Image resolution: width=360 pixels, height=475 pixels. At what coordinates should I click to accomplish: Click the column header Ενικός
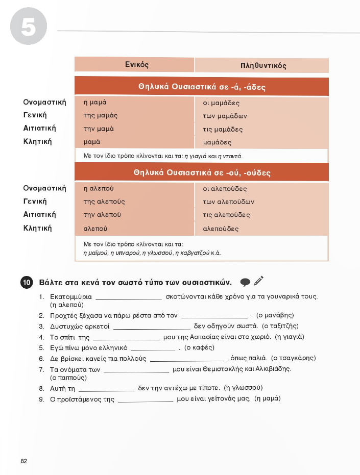tap(136, 65)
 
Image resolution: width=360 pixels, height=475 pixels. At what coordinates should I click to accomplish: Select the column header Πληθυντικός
tap(263, 66)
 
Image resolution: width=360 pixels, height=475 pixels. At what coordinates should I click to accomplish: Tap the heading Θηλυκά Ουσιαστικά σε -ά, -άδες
tap(202, 87)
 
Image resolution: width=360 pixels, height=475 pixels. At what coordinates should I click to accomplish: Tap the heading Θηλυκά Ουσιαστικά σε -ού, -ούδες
tap(202, 173)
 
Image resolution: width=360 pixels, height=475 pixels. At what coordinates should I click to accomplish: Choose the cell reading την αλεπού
tap(102, 215)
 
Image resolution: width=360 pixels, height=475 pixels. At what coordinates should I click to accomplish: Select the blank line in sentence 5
tap(153, 350)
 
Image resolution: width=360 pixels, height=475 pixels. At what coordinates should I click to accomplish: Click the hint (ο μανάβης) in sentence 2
tap(275, 315)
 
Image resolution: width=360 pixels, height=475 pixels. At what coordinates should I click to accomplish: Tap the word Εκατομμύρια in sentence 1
tap(70, 296)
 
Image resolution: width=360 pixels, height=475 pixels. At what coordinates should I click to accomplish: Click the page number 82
tap(24, 461)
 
